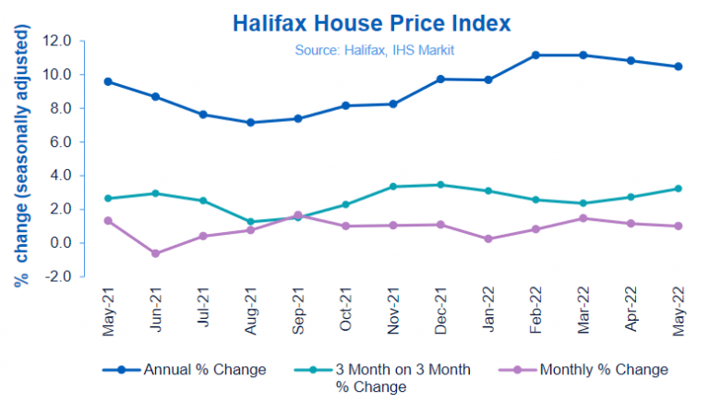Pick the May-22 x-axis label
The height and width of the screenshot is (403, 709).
(679, 313)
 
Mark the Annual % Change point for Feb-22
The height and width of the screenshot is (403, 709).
(536, 55)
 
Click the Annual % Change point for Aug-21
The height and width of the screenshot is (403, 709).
(251, 122)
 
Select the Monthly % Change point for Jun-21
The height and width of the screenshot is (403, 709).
(156, 253)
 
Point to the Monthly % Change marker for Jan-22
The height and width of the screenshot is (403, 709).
(488, 238)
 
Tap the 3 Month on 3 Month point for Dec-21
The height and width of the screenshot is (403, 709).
(441, 185)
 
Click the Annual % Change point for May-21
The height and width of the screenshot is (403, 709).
(109, 81)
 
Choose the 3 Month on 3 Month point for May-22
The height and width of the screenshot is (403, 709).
(679, 189)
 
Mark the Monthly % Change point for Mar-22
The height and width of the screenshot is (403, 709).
(583, 218)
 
